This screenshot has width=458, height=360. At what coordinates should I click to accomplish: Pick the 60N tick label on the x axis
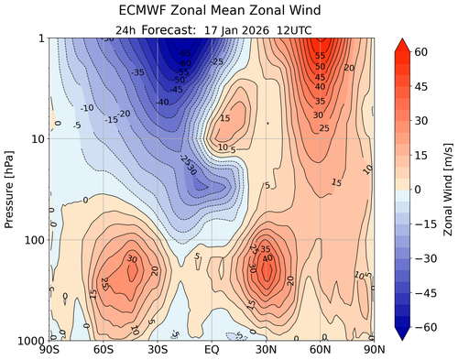(x=320, y=349)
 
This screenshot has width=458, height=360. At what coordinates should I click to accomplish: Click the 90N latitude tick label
(x=372, y=349)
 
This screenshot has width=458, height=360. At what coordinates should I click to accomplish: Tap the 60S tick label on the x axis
(x=104, y=349)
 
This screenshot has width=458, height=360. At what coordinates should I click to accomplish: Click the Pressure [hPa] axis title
(x=10, y=189)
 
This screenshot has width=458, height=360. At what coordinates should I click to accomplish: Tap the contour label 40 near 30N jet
(x=268, y=258)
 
